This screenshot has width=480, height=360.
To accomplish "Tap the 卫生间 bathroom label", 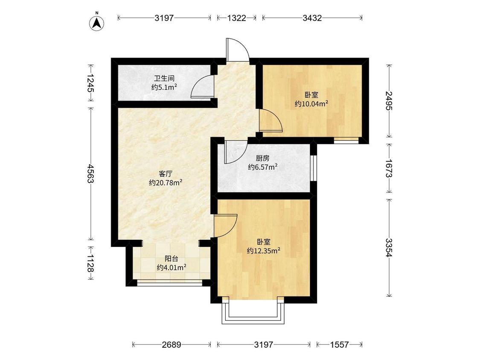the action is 164,78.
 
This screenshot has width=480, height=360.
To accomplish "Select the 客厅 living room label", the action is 166,174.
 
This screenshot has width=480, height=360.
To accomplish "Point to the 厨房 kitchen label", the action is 263,158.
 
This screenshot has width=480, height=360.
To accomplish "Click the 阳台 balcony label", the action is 172,258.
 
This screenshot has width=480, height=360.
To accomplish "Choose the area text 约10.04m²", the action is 311,104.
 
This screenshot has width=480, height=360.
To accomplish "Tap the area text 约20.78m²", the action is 166,183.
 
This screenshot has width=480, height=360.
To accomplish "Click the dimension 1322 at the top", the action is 237,18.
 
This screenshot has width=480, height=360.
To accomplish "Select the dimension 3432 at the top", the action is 312,18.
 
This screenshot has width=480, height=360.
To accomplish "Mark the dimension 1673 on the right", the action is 389,168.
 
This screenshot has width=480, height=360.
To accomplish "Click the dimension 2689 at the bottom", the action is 172,345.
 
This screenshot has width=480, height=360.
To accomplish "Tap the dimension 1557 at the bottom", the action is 339,345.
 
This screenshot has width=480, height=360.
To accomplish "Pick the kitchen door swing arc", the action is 236,152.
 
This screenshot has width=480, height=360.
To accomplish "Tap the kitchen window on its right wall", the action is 314,168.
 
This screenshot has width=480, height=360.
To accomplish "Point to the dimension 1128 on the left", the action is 90,263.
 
